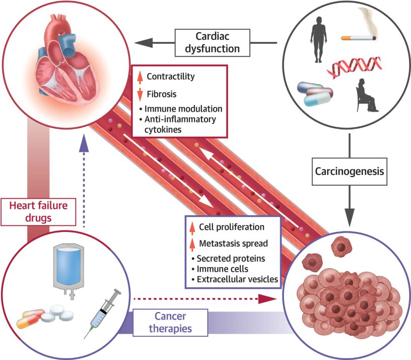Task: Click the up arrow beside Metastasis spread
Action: [193, 244]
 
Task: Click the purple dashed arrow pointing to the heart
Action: [84, 187]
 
